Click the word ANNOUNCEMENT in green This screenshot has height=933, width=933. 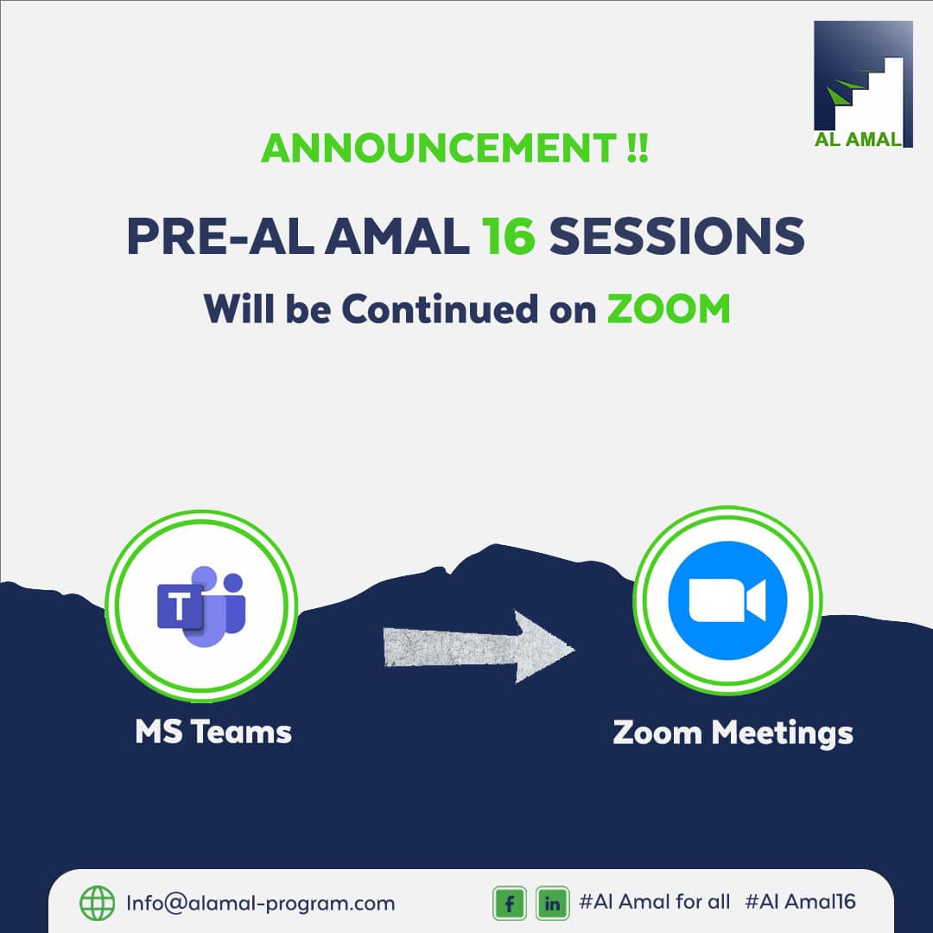(x=435, y=149)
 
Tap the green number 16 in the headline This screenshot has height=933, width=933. (x=510, y=236)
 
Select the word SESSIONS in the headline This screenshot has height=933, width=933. (x=677, y=236)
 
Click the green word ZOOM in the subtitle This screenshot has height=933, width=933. (x=668, y=309)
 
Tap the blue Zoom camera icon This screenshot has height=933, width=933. (x=727, y=600)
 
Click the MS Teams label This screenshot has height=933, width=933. (x=213, y=732)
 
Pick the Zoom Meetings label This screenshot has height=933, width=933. (x=733, y=733)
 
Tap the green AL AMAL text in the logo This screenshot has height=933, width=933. (x=857, y=140)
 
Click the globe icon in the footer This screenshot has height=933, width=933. (x=97, y=904)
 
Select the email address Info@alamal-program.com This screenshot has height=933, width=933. (x=260, y=904)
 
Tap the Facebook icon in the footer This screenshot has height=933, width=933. (x=510, y=904)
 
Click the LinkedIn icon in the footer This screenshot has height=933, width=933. (x=552, y=904)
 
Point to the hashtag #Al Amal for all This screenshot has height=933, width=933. (x=654, y=902)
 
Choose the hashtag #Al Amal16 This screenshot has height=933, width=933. (x=800, y=902)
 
